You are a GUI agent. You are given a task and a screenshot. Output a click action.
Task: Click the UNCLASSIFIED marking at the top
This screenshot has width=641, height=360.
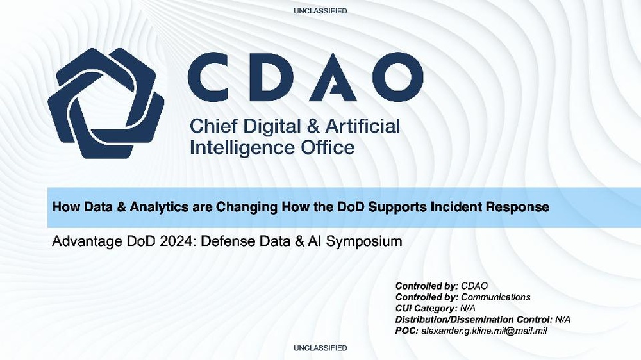point(320,11)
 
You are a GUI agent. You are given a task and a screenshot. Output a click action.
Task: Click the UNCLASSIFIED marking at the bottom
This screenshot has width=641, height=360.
point(320,348)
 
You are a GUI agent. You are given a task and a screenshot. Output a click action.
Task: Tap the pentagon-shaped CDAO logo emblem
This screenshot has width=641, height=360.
point(105,102)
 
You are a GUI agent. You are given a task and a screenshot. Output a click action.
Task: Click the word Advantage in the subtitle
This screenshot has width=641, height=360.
point(83,242)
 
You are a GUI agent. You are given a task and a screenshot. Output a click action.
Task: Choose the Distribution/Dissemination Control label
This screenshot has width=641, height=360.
point(474,319)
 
